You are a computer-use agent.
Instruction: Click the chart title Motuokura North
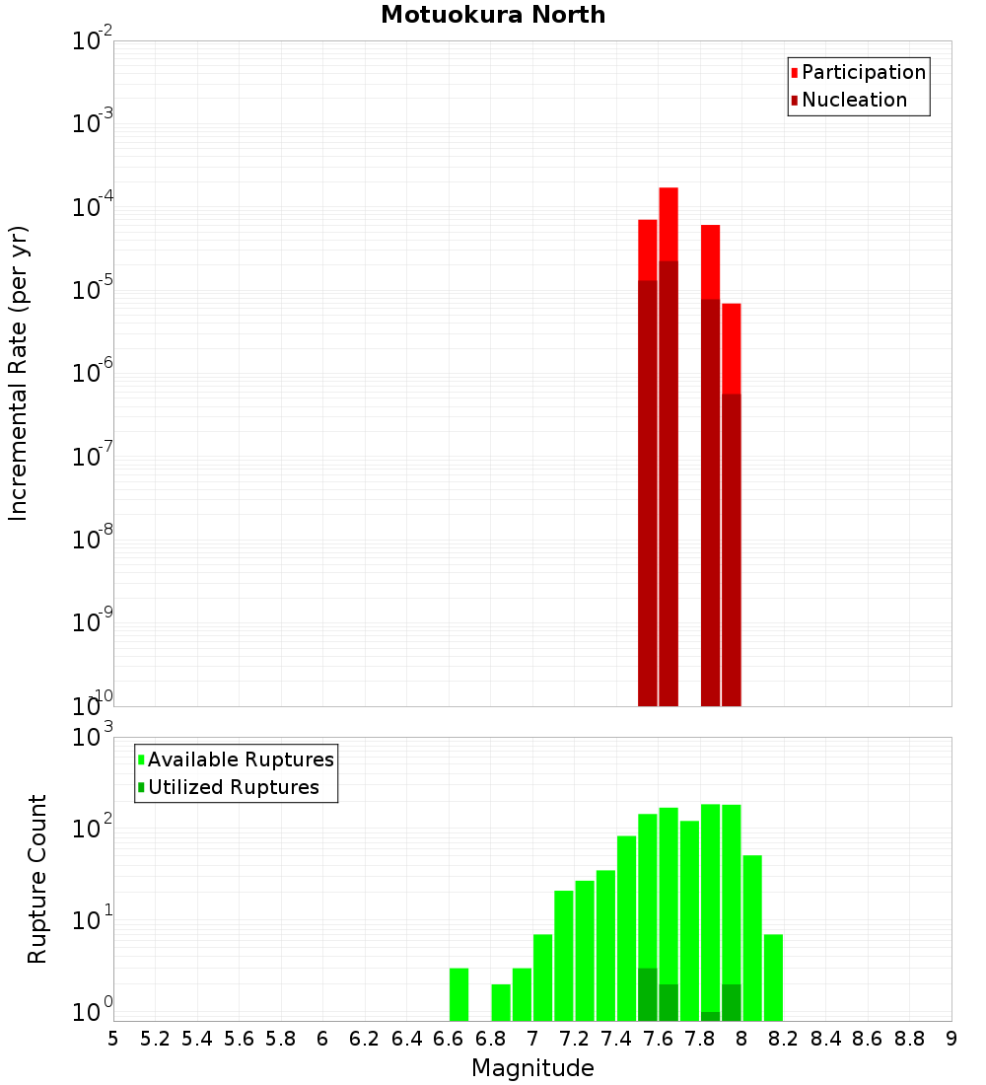tap(493, 15)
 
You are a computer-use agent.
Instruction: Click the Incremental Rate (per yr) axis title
tap(19, 373)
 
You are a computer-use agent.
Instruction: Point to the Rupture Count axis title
tap(37, 879)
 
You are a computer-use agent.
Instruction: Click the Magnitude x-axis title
tap(532, 1068)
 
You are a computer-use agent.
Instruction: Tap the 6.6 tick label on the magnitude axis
tap(449, 1038)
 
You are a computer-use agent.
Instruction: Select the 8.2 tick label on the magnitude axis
tap(784, 1038)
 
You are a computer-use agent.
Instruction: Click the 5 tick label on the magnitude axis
tap(113, 1038)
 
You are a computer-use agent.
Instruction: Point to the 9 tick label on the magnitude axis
tap(951, 1038)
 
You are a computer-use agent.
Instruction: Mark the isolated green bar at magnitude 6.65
tap(458, 994)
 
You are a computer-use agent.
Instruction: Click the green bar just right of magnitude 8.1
tap(773, 976)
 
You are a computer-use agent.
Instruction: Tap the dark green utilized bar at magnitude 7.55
tap(647, 994)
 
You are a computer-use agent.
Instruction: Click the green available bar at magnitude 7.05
tap(542, 976)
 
